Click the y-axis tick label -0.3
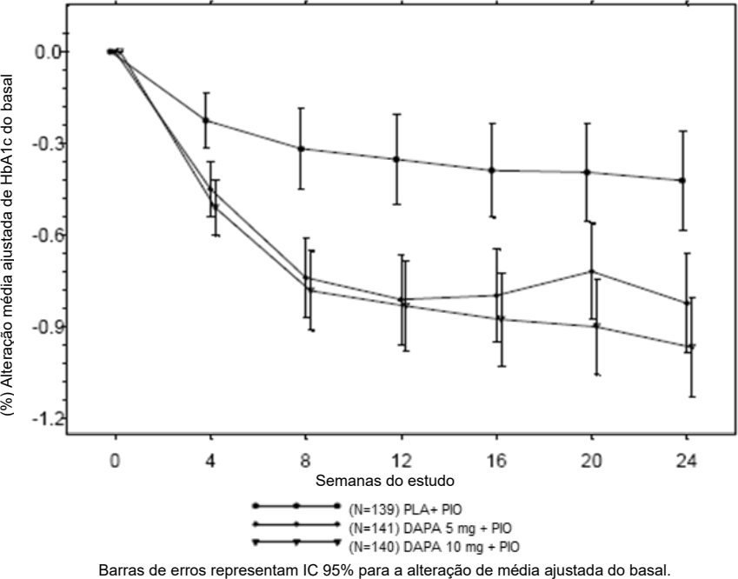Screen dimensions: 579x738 click(x=46, y=143)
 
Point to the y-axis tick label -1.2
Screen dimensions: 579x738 click(x=46, y=419)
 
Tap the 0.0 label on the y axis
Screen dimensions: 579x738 click(x=48, y=51)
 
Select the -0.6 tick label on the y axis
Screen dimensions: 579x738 click(x=46, y=236)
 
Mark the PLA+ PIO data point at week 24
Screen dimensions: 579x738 click(x=682, y=180)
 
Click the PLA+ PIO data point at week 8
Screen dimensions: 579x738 click(x=301, y=149)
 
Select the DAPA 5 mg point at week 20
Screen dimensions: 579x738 click(x=591, y=271)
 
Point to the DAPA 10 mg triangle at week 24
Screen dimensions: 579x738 click(x=691, y=347)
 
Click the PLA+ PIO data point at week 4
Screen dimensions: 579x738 click(x=206, y=120)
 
